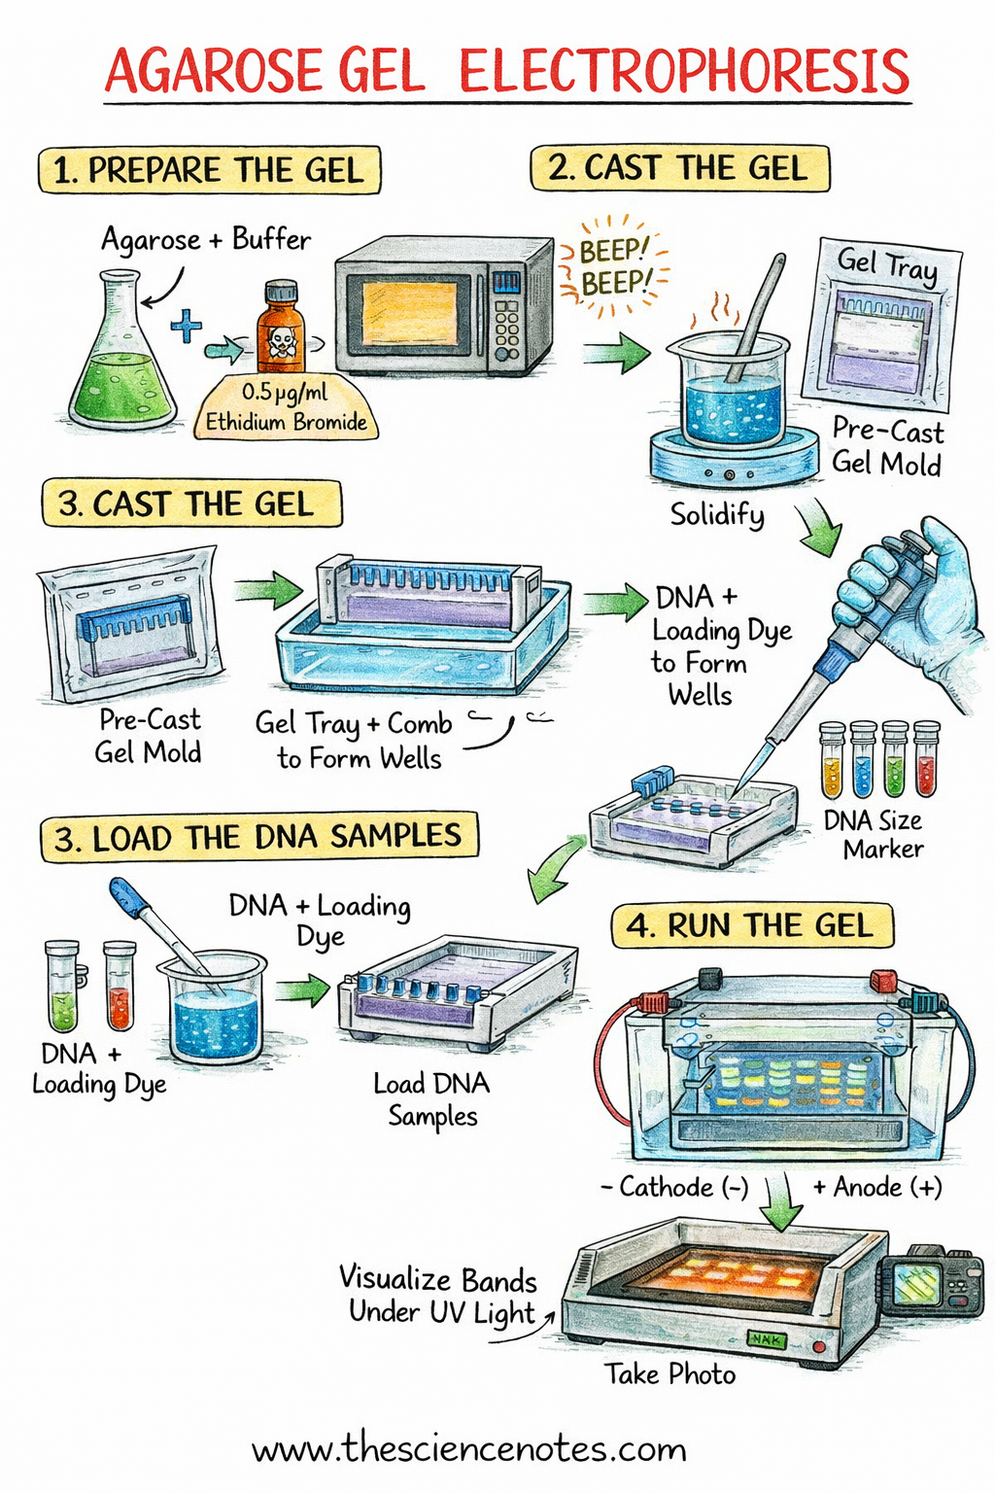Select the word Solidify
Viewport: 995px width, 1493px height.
tap(717, 514)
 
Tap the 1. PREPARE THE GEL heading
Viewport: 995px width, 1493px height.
tap(208, 171)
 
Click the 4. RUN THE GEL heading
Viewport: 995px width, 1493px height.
tap(750, 925)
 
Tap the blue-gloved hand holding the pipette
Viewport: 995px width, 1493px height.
tap(913, 593)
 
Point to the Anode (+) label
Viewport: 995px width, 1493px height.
tap(877, 1187)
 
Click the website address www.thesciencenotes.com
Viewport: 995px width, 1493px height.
tap(469, 1449)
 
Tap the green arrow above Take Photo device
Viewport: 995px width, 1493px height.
tap(781, 1205)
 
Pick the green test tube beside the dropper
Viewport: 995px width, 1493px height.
tap(62, 987)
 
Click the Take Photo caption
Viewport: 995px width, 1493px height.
tap(670, 1373)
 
